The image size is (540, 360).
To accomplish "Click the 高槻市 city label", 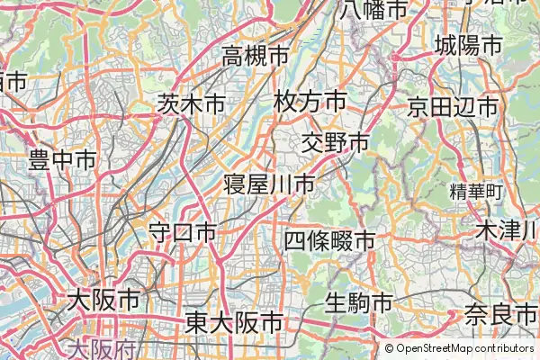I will [x=256, y=57].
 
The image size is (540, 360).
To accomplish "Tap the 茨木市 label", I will [x=191, y=104].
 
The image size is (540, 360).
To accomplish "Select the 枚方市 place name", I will [x=310, y=101].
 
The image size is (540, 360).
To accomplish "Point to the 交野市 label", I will [x=335, y=142].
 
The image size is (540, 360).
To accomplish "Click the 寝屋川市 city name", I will [x=269, y=184].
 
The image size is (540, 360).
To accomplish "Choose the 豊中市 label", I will [x=62, y=162].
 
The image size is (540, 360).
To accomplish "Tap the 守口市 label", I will [x=183, y=232].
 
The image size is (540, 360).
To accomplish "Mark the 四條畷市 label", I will [x=329, y=240].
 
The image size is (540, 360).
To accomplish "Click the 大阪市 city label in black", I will [x=103, y=300].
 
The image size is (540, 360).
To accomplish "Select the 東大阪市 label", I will [x=233, y=322].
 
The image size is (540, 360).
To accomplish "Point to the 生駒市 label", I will [x=358, y=301].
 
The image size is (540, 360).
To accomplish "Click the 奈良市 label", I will [x=501, y=314].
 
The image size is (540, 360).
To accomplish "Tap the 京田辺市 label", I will [x=452, y=106].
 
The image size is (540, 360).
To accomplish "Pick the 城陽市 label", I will [x=467, y=44].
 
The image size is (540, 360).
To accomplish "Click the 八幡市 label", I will [x=374, y=11].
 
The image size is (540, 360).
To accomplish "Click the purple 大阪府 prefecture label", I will [x=103, y=347].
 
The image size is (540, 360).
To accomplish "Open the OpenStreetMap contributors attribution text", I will [x=464, y=348].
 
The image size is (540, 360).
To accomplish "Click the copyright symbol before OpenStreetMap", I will [x=390, y=348].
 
